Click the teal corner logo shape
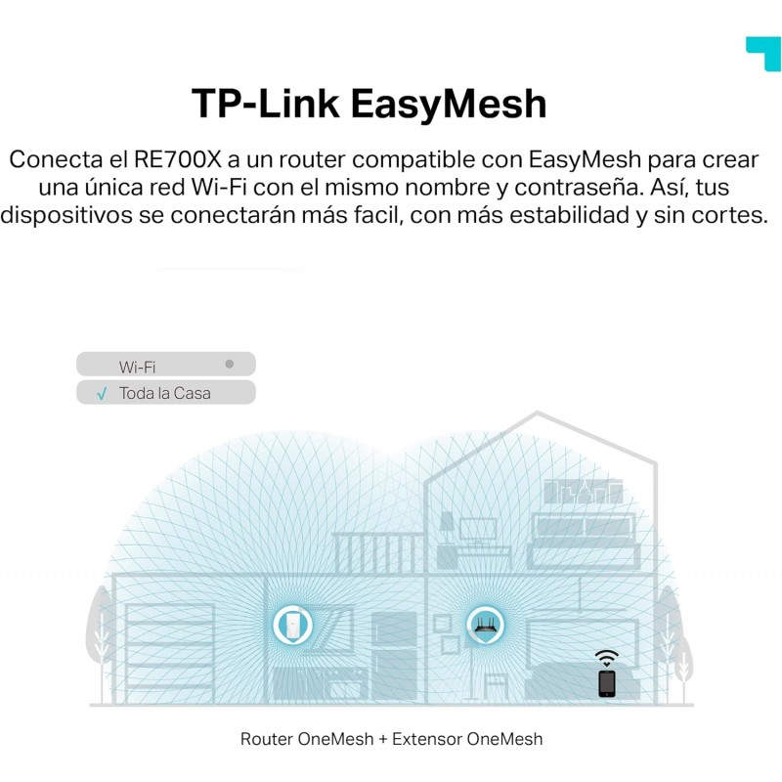point(762,53)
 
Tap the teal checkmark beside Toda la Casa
point(102,394)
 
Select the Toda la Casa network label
point(164,394)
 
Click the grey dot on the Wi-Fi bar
point(229,364)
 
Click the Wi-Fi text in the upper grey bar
point(137,367)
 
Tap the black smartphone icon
point(607,682)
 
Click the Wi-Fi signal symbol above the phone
point(607,657)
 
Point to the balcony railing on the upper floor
point(379,552)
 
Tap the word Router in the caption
point(266,739)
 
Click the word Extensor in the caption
point(426,739)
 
